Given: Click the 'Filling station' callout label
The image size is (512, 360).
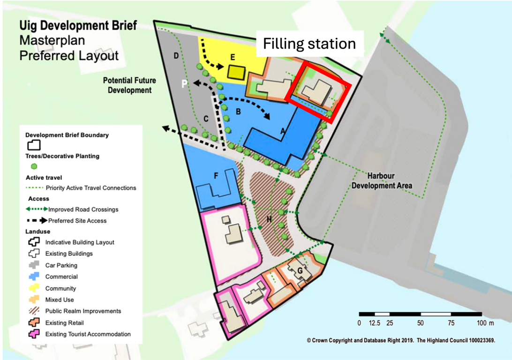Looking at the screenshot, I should pos(309,44).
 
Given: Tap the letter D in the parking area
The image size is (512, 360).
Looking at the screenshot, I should pos(176,56).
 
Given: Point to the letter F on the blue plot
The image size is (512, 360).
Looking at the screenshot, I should pos(216,176).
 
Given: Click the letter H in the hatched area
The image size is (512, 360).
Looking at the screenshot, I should pos(269,219).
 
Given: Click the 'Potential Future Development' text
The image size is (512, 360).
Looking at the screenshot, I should pos(129,85).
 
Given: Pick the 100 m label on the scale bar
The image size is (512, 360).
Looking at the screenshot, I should pos(485,323).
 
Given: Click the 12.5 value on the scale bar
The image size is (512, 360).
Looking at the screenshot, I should pos(375,323).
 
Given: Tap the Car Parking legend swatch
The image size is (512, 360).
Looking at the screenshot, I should pos(34,265).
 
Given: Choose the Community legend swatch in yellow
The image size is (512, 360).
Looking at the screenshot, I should pos(34,288).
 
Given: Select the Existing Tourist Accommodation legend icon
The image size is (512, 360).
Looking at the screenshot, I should pos(34,334).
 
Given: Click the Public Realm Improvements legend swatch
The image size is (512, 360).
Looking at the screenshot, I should pos(34,311).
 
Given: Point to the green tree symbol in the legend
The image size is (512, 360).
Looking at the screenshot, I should pos(33,166).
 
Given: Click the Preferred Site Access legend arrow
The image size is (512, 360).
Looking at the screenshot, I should pos(37,220).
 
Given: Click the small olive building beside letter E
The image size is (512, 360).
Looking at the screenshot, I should pos(237,72).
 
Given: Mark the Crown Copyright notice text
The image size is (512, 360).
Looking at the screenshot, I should pos(401,341).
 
